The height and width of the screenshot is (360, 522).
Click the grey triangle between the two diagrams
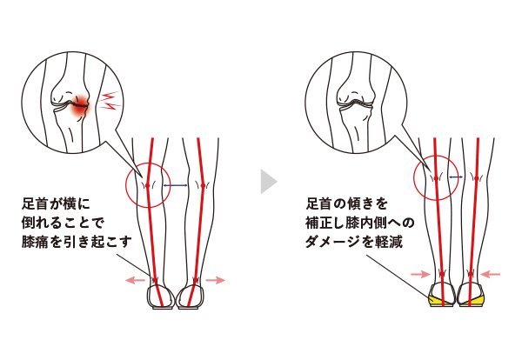[267, 182]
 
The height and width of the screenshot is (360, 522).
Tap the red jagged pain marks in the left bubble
[110, 101]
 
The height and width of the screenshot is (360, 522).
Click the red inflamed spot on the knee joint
[79, 106]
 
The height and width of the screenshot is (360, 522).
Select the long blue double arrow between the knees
[176, 185]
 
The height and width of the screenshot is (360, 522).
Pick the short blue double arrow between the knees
[456, 177]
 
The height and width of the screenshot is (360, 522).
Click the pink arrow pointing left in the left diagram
[135, 281]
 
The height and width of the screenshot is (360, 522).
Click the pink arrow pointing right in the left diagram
[216, 281]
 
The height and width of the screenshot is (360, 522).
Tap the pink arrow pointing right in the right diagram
[421, 275]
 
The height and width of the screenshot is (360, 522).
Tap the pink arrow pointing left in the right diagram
[490, 275]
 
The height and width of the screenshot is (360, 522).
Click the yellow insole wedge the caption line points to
[436, 300]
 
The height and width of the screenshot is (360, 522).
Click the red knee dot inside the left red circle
[148, 185]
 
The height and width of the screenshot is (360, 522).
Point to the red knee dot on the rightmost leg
[477, 178]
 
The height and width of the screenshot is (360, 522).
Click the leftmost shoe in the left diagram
[161, 297]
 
